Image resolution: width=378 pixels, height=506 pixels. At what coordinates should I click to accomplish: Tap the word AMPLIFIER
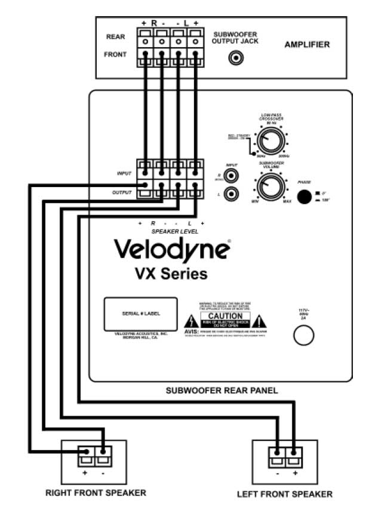307,44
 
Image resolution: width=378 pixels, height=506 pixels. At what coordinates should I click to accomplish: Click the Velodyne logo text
171,249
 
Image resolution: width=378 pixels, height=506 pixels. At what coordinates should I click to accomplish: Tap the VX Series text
171,274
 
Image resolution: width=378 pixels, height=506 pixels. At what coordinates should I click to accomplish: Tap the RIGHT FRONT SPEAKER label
96,492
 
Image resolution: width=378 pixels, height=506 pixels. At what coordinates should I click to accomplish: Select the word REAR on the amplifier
115,37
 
